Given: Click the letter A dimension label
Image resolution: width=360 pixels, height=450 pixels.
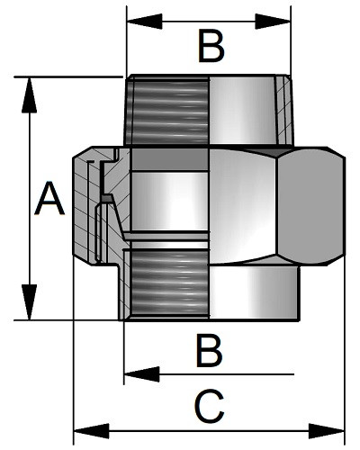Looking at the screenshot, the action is click(49, 199).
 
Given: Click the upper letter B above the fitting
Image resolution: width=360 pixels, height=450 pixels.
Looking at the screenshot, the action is click(211, 46).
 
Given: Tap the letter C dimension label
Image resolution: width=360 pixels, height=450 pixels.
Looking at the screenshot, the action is click(209, 406).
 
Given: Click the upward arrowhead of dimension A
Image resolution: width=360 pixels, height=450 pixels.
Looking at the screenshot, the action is click(29, 95).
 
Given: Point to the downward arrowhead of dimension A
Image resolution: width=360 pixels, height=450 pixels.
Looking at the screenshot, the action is click(29, 302).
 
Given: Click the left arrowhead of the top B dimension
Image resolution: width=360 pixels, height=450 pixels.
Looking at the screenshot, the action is click(145, 22).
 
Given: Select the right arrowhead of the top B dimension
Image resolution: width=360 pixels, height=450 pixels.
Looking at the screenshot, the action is click(273, 22).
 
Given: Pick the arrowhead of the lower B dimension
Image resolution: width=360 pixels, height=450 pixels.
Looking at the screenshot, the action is click(141, 374).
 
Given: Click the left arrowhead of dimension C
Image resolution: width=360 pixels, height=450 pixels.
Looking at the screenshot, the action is click(92, 431).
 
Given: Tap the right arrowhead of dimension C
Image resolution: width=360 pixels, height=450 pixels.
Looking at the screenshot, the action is click(327, 431).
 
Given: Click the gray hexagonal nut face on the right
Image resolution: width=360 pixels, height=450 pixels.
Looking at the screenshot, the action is click(310, 206).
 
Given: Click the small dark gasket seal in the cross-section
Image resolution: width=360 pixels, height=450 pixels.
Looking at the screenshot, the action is click(107, 198).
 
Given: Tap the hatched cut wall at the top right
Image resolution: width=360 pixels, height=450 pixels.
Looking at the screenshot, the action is click(283, 110).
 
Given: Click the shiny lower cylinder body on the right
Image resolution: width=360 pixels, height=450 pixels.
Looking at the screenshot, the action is click(255, 292).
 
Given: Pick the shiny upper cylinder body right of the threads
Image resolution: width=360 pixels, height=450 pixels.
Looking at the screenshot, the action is click(242, 111).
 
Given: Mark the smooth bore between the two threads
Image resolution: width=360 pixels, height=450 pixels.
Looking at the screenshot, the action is click(170, 202).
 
